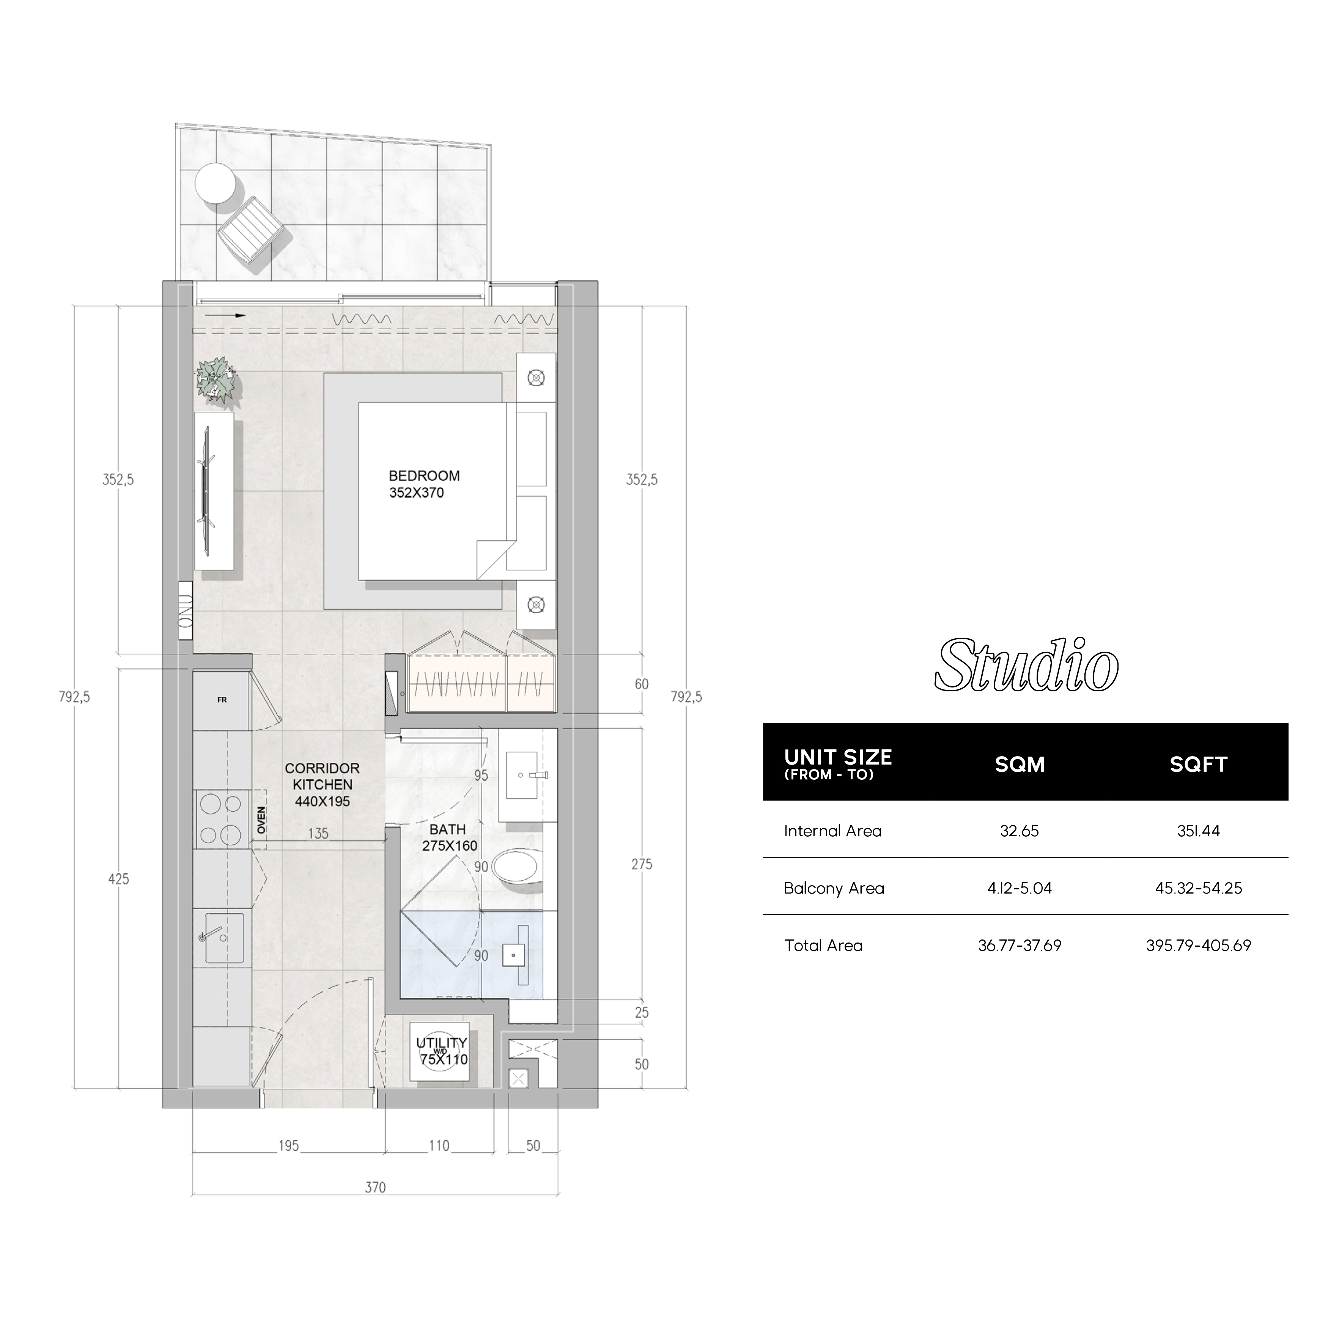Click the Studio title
point(1026,666)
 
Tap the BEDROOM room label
point(424,476)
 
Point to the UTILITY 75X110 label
point(441,1051)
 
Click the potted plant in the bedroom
point(218,379)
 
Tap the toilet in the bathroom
point(519,866)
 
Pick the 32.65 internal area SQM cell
point(1020,831)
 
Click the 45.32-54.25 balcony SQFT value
point(1198,888)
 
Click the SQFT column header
point(1198,764)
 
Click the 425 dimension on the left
point(118,878)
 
